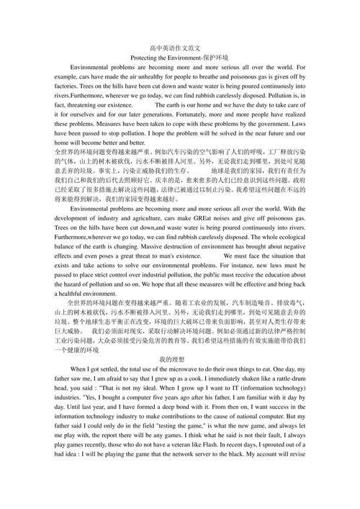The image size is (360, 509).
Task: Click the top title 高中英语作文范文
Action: (x=180, y=48)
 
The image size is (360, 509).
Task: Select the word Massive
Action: (x=173, y=246)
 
